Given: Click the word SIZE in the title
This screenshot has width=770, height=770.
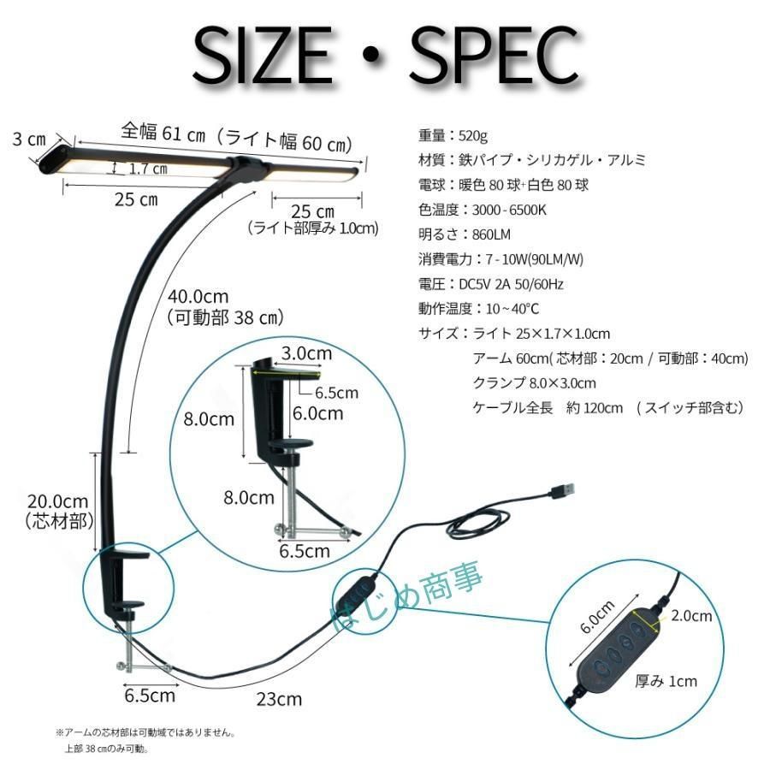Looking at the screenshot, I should (262, 57).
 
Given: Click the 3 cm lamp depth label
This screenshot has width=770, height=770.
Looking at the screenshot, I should (28, 139).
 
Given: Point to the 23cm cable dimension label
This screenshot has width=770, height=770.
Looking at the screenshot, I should (279, 699).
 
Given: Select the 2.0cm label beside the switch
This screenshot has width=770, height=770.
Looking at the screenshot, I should (691, 615).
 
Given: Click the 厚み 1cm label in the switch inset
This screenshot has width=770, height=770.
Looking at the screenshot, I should (666, 681).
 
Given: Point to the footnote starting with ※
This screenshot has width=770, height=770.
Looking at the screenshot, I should (145, 733).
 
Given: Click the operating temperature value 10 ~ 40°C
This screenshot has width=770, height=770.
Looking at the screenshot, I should (506, 308).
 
